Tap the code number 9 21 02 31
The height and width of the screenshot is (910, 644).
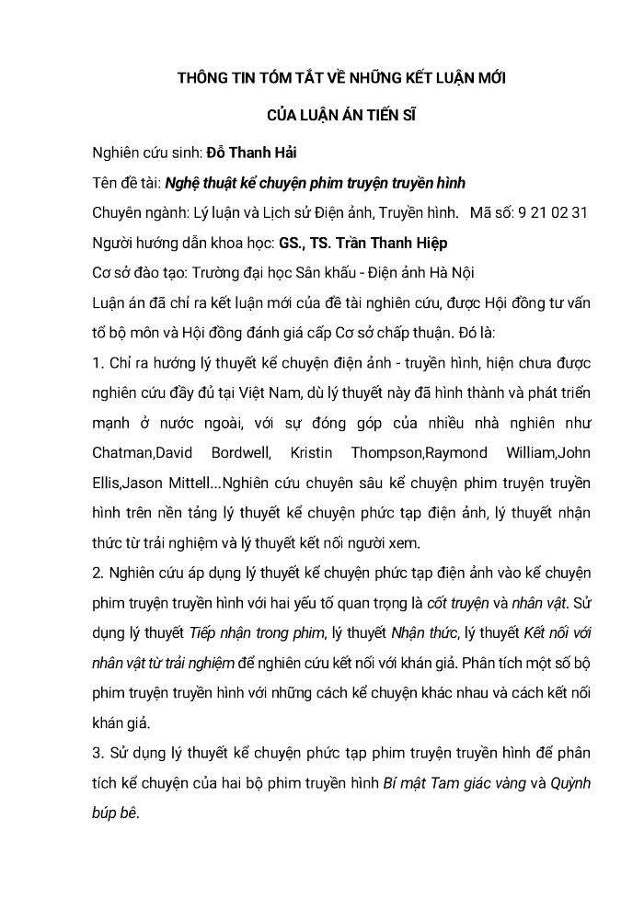[x=553, y=213]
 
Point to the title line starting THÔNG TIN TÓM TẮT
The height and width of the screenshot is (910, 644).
[x=341, y=80]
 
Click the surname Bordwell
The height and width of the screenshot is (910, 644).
[x=242, y=453]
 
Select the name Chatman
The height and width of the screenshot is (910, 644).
[x=124, y=453]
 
